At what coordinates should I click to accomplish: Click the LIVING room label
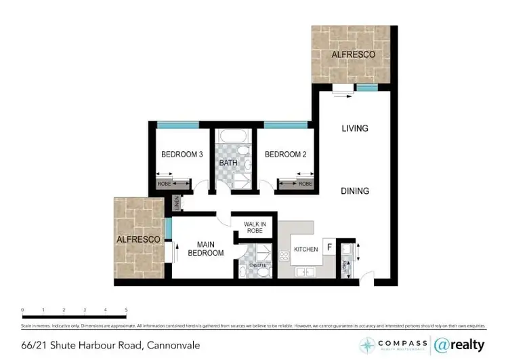[x=354, y=128]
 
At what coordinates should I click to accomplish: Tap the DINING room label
[x=354, y=191]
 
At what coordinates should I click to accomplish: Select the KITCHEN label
[x=306, y=249]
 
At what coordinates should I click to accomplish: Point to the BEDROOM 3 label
[x=182, y=155]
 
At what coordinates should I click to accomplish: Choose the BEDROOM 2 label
[x=285, y=155]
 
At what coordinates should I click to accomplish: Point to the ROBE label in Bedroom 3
[x=164, y=184]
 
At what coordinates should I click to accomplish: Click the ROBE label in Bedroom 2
[x=305, y=184]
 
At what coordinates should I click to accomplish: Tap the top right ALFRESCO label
[x=352, y=54]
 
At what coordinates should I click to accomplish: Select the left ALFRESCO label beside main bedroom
[x=138, y=240]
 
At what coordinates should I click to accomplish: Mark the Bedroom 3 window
[x=178, y=125]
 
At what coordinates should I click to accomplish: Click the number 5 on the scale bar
[x=126, y=310]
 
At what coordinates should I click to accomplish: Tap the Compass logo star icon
[x=368, y=344]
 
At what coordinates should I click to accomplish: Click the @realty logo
[x=459, y=344]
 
